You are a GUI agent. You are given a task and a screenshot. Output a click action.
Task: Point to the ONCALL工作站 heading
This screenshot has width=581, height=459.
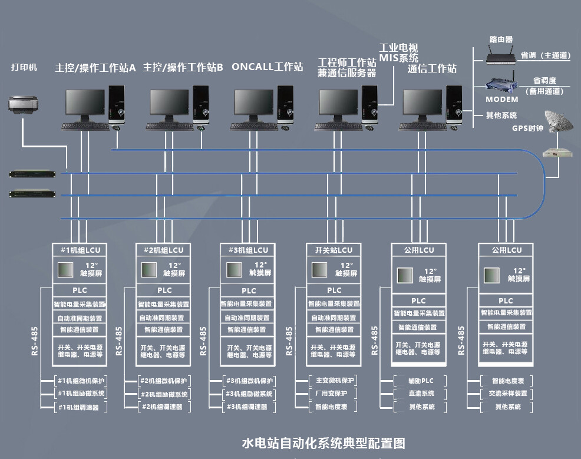coord(267,67)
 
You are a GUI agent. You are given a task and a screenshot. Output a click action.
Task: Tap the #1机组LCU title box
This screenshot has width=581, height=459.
coord(78,250)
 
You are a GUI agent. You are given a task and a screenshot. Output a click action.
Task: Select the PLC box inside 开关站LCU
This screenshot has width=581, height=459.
coord(334,290)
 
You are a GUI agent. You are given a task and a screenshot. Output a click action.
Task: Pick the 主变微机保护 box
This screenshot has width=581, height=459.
coord(334,381)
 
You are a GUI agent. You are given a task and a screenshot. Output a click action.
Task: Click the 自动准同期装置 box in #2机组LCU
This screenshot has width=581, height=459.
coord(163,318)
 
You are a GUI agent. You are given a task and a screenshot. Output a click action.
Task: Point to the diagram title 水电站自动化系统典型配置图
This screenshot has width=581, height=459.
coord(323,443)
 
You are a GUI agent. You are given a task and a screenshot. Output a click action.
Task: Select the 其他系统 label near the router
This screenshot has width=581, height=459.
coord(501,115)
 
